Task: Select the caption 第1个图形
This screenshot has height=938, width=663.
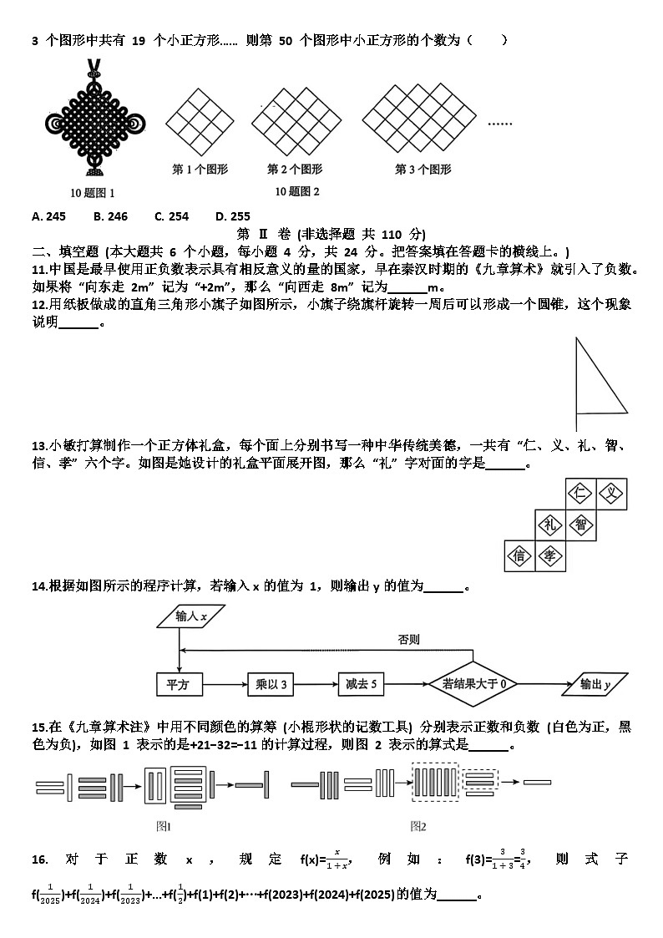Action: [200, 170]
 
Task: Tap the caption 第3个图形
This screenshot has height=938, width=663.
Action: [423, 170]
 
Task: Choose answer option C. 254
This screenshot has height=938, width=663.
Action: [171, 216]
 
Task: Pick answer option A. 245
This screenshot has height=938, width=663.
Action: [48, 216]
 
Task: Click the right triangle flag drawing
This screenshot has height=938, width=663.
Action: [598, 380]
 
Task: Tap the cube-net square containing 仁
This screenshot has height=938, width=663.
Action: [580, 494]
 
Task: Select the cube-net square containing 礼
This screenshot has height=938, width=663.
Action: [549, 525]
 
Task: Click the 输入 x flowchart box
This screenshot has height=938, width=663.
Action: [191, 617]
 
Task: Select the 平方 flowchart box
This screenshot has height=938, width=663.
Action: [180, 685]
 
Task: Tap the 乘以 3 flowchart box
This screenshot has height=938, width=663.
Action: [272, 685]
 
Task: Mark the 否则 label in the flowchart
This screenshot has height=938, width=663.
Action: [408, 640]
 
